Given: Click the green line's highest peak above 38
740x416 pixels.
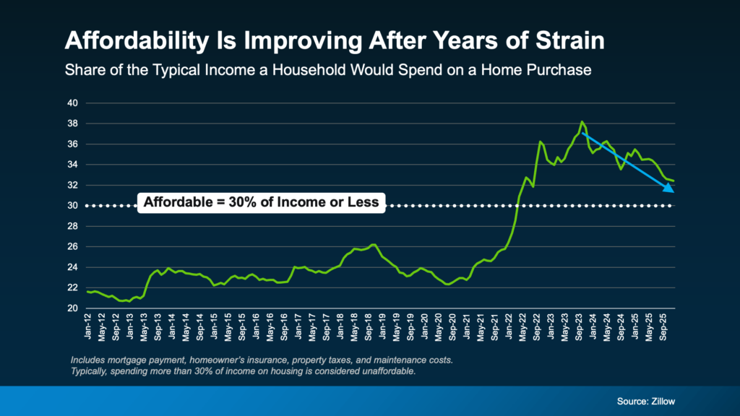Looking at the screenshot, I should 582,122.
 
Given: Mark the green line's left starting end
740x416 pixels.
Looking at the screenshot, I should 87,292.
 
